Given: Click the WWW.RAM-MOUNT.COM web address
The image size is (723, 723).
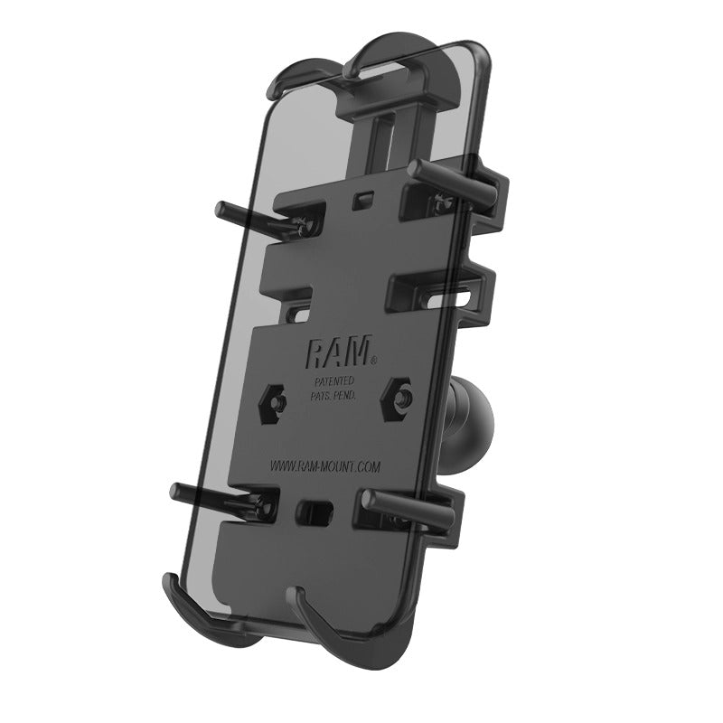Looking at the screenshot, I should tap(324, 465).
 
